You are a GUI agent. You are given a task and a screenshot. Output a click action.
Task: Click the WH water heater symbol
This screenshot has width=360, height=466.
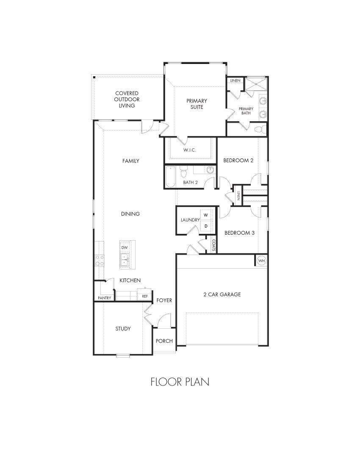click(x=261, y=261)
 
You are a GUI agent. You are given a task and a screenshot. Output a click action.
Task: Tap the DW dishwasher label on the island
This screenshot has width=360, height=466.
click(x=125, y=247)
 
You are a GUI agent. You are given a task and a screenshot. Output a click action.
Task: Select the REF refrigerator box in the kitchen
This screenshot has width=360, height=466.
click(x=145, y=296)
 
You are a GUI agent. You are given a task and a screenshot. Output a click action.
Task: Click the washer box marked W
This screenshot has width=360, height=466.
click(x=206, y=215)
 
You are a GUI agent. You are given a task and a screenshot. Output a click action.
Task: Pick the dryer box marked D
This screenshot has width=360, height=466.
click(x=206, y=226)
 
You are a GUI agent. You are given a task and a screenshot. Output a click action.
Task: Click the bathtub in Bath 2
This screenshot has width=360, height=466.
click(x=171, y=177)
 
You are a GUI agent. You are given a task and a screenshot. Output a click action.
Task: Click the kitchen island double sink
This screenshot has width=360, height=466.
click(x=125, y=259)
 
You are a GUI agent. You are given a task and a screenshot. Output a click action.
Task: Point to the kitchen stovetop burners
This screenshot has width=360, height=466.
click(x=100, y=260)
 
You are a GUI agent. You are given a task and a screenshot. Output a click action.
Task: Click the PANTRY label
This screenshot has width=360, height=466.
click(x=105, y=298)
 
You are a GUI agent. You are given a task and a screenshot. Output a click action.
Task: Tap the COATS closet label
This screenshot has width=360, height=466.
click(x=213, y=246)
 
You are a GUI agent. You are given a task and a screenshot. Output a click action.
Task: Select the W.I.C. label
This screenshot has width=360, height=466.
click(x=189, y=150)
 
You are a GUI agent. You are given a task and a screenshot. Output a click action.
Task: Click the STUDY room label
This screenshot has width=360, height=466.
click(x=123, y=328)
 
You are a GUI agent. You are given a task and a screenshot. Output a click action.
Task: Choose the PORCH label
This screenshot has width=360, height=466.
click(x=164, y=341)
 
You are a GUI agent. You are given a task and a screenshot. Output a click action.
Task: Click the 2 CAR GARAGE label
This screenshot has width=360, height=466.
click(x=222, y=294)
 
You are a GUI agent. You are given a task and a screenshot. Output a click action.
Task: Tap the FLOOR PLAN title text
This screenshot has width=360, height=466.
click(x=180, y=382)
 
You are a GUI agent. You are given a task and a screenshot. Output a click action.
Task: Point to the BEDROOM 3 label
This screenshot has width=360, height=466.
click(x=239, y=233)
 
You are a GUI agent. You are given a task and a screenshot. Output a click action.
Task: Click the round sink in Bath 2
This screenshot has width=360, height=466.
click(x=210, y=170)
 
